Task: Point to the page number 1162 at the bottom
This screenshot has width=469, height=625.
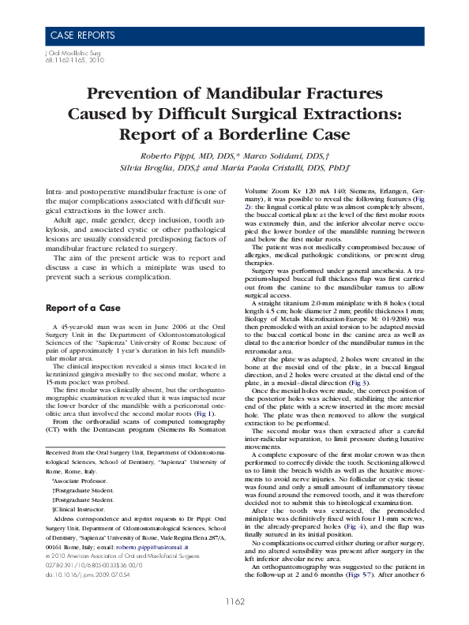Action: [x=234, y=601]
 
